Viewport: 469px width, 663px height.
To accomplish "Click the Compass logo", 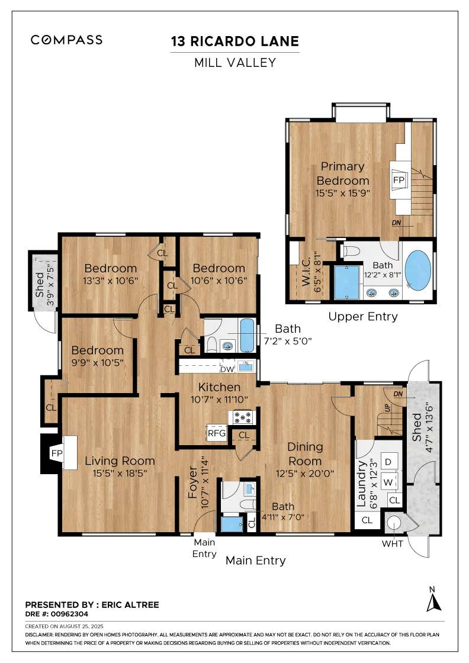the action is pyautogui.click(x=66, y=40).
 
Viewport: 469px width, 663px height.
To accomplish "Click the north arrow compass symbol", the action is pyautogui.click(x=433, y=600).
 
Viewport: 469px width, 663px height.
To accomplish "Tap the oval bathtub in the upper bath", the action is pyautogui.click(x=418, y=271).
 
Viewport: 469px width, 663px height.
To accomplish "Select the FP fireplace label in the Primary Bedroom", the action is pyautogui.click(x=399, y=180).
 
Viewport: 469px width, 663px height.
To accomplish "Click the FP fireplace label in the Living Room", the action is pyautogui.click(x=57, y=453).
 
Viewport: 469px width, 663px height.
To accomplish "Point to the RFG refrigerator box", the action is pyautogui.click(x=217, y=433).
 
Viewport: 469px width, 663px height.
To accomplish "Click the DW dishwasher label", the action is pyautogui.click(x=227, y=369).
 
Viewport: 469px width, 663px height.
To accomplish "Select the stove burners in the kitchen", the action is pyautogui.click(x=243, y=417).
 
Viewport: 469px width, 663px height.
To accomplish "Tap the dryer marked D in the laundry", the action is pyautogui.click(x=388, y=462).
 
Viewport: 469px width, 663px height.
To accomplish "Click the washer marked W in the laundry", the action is pyautogui.click(x=388, y=482).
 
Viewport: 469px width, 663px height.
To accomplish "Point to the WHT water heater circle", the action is pyautogui.click(x=394, y=523).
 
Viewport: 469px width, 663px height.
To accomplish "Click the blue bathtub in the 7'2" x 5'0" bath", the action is pyautogui.click(x=247, y=336).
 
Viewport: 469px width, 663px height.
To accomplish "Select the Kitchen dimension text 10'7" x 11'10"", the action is pyautogui.click(x=219, y=399).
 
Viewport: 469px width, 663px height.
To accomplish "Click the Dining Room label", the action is pyautogui.click(x=305, y=453).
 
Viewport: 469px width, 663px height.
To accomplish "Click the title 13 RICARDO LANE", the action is pyautogui.click(x=235, y=41).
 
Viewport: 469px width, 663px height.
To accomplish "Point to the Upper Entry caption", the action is pyautogui.click(x=363, y=316).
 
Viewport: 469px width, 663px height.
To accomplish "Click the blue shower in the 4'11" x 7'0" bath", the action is pyautogui.click(x=232, y=524).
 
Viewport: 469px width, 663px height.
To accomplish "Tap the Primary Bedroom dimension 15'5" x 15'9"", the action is pyautogui.click(x=342, y=193).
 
